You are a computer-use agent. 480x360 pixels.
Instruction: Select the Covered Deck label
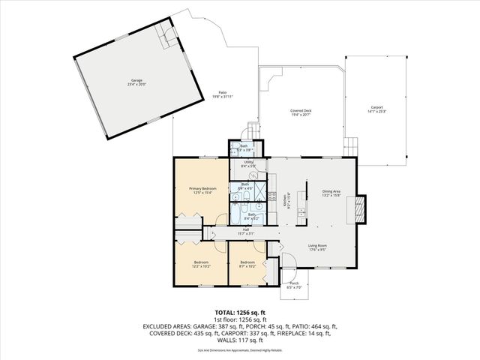[301, 112]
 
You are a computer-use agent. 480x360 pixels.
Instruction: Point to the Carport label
[376, 109]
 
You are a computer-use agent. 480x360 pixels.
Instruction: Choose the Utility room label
[249, 163]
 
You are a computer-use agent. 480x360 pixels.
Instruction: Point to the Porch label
[293, 284]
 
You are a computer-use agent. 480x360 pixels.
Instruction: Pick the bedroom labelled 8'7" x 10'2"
[247, 265]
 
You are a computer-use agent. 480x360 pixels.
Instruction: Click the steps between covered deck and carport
[349, 145]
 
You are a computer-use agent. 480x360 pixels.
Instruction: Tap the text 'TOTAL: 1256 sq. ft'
[239, 311]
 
